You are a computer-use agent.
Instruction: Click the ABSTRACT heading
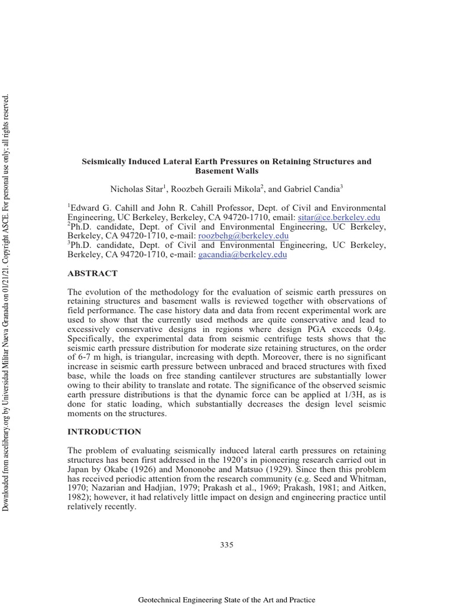pyautogui.click(x=93, y=273)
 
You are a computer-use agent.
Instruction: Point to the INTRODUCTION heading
pyautogui.click(x=105, y=431)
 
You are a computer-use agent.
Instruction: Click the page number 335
pyautogui.click(x=227, y=544)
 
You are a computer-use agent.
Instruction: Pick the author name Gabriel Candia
pyautogui.click(x=312, y=189)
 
